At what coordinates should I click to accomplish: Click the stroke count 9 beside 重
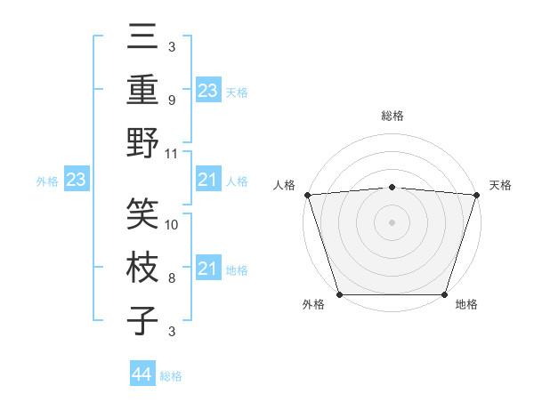pos(172,100)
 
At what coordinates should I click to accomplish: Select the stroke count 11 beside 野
pos(173,153)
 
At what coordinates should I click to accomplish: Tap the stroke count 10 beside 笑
pos(173,225)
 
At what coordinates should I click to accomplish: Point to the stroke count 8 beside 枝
pos(172,278)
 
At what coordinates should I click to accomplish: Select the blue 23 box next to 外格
pos(76,181)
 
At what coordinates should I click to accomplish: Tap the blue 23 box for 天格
pos(207,90)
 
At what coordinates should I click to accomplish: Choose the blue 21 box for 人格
pos(207,181)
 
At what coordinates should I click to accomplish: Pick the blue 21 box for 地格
pos(207,269)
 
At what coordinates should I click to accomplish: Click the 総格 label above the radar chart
pos(392,116)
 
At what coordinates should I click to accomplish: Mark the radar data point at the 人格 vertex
pos(307,195)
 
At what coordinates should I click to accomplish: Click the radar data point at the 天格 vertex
pos(476,195)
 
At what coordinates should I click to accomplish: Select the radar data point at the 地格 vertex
pos(444,293)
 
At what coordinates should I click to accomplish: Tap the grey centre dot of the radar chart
pos(392,221)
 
